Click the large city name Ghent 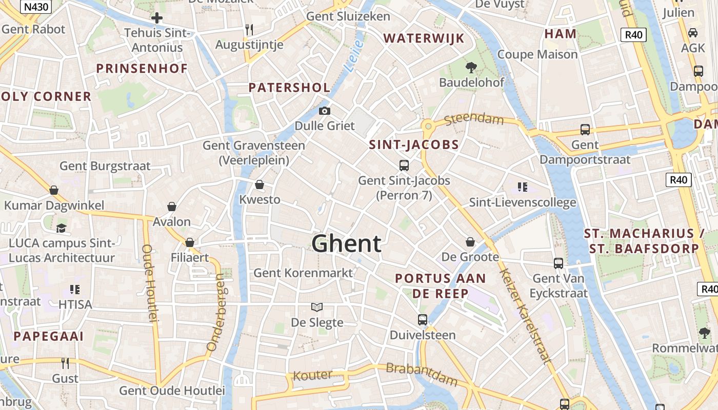347,243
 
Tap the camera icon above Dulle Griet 324,111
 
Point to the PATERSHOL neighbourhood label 289,88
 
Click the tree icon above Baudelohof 471,67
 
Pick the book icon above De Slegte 317,307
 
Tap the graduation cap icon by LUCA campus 62,228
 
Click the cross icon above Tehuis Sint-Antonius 157,18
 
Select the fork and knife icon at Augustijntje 249,29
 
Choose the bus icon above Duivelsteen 422,320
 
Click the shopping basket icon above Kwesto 260,184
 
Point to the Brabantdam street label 421,374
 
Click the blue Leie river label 353,55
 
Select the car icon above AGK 693,32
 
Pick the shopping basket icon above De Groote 470,241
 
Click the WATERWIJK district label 424,38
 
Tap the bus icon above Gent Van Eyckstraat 559,263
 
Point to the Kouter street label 312,376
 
